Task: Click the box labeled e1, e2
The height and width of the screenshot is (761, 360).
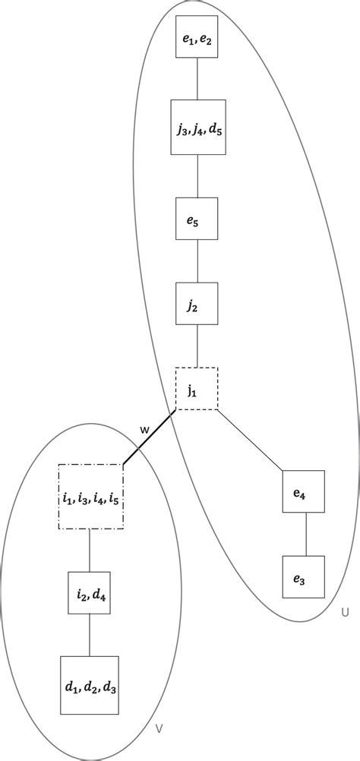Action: click(x=197, y=36)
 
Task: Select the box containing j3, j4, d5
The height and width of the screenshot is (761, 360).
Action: click(x=197, y=127)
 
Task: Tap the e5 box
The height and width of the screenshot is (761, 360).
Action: click(x=197, y=219)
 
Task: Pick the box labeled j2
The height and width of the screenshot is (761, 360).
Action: click(x=197, y=304)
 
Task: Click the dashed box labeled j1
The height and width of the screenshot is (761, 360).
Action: click(x=197, y=389)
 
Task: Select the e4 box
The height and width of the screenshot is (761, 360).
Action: click(x=304, y=492)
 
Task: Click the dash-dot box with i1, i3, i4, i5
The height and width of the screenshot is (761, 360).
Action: click(x=90, y=497)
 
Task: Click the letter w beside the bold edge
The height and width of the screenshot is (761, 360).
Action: click(x=144, y=430)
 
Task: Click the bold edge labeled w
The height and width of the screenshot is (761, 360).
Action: click(x=150, y=437)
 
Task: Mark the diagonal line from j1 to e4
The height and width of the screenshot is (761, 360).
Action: click(x=251, y=440)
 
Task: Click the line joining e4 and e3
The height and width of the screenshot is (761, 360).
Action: click(x=304, y=535)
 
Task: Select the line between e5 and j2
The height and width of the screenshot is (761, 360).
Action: click(x=197, y=261)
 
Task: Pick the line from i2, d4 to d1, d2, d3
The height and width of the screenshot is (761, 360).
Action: click(x=90, y=635)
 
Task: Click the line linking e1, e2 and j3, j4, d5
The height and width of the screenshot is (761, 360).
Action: click(x=197, y=78)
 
